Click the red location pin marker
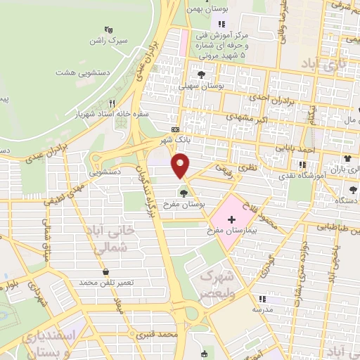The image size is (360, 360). [181, 167]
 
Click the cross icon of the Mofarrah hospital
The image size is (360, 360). [231, 220]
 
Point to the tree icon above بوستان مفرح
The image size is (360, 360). [184, 193]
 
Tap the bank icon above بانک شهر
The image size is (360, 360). [175, 130]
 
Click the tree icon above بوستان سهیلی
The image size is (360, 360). [202, 74]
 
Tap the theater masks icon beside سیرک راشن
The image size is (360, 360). [108, 30]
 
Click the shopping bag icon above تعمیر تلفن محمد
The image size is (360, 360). [105, 271]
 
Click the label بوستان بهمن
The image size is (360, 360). [205, 9]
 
